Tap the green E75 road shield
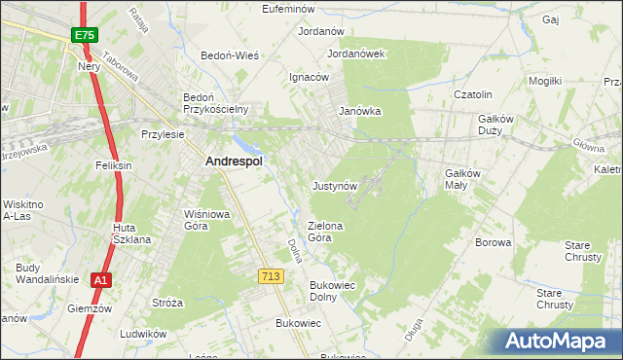(x=84, y=36)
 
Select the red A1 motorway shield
(x=100, y=280)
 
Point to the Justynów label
(x=336, y=185)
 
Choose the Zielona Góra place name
(x=326, y=231)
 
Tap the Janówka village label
(x=359, y=111)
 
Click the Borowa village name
(x=493, y=242)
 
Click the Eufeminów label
(x=292, y=9)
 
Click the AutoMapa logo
(x=560, y=342)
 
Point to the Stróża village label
(x=166, y=303)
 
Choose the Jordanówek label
(x=356, y=54)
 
